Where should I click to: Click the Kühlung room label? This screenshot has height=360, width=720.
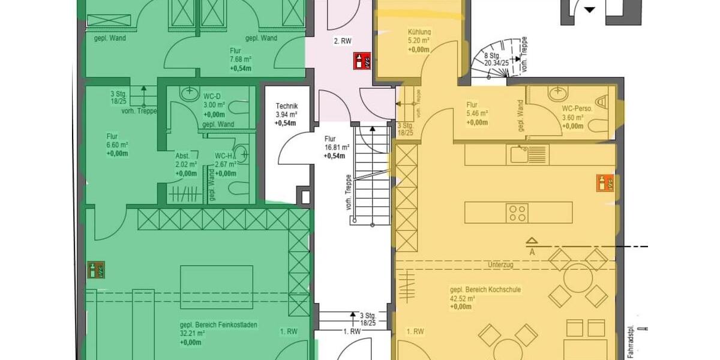coord(419,32)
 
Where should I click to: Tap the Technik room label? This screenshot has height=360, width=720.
coord(286,106)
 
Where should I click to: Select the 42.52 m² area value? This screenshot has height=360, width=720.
coord(463,298)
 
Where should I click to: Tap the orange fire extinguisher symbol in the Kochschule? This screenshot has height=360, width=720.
coord(605,182)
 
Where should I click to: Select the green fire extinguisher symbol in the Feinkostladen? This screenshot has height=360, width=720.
coord(95,269)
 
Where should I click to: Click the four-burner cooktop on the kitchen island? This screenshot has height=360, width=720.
coord(518,212)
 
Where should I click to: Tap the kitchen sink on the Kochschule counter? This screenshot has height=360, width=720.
coord(519,154)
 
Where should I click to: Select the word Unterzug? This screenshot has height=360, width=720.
coord(502,265)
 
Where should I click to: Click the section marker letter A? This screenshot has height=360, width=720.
coord(532,252)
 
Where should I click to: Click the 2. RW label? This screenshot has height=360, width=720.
coord(343,41)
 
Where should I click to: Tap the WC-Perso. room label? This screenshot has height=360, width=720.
coord(577,109)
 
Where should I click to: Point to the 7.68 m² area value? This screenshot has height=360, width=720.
coord(240,59)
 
